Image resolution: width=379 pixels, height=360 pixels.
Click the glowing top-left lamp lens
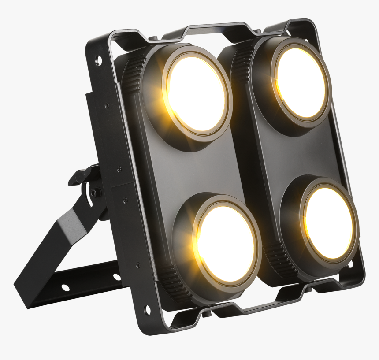point(196,94)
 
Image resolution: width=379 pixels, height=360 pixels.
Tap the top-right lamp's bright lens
point(301,82)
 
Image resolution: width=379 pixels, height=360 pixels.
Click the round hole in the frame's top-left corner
point(98,60)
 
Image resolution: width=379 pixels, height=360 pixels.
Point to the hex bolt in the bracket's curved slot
point(94,193)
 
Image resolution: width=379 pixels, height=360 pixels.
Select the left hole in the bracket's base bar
point(65,287)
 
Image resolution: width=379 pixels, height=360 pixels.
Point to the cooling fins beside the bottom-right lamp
point(276,255)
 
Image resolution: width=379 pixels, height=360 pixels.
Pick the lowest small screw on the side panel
point(137,265)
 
